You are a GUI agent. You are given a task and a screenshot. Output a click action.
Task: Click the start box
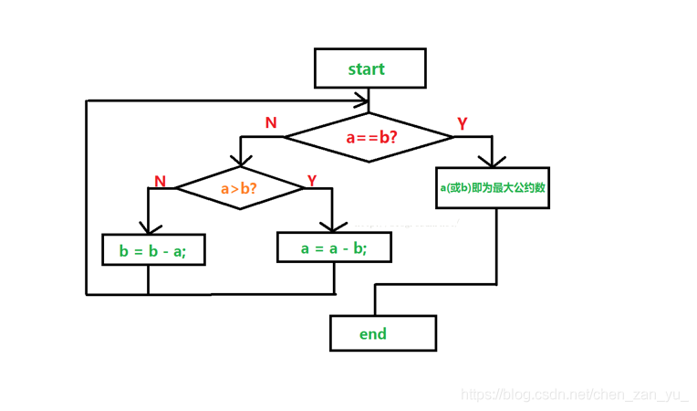(369, 68)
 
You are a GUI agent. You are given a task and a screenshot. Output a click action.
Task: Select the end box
(382, 333)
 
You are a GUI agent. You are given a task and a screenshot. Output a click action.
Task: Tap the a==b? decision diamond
(369, 138)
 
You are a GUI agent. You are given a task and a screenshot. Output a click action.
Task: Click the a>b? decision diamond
(240, 188)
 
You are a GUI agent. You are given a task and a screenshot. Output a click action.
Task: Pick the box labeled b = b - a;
(152, 249)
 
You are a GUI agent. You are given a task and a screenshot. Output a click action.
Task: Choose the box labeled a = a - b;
(334, 247)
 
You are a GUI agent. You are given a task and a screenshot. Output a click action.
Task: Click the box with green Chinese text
(493, 188)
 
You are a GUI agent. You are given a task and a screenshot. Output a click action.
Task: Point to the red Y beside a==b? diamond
(463, 123)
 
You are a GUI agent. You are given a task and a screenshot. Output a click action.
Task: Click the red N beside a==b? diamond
(271, 122)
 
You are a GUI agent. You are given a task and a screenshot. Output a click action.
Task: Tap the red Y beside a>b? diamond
(312, 180)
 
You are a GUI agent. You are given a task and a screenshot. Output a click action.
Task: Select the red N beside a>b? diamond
(161, 181)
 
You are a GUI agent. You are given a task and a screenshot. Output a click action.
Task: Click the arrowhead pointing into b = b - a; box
(147, 228)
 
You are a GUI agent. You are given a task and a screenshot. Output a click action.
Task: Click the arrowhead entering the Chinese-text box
(493, 162)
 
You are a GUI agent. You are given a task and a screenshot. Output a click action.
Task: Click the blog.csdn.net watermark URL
(574, 395)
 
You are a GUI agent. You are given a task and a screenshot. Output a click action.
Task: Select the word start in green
(367, 68)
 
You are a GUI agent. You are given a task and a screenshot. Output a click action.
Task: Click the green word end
(373, 333)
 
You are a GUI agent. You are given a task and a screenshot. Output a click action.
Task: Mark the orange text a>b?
(240, 188)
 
